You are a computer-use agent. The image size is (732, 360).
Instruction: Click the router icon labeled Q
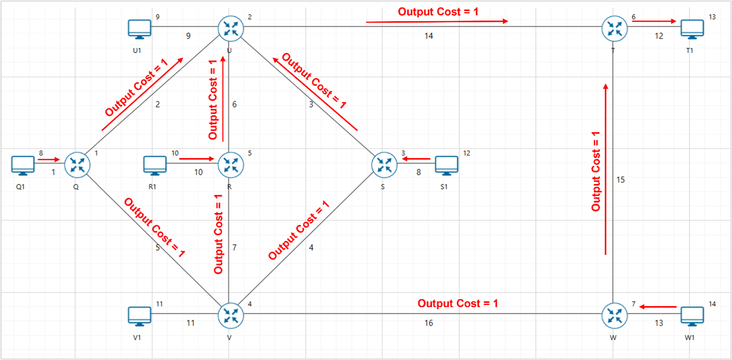(77, 164)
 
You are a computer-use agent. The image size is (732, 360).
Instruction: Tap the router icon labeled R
(230, 164)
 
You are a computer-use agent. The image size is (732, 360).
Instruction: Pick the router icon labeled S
(384, 164)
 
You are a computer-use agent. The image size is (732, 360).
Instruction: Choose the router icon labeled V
(230, 316)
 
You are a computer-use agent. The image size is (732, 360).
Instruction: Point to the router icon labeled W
(614, 316)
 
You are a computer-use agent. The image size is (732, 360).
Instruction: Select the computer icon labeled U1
(140, 28)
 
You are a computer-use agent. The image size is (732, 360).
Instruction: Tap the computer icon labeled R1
(155, 165)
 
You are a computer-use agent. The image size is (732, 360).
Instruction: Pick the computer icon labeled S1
(446, 165)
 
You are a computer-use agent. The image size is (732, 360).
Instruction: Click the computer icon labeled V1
(140, 316)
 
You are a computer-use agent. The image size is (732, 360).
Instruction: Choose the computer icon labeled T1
(692, 28)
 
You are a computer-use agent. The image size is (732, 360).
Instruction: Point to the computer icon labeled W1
(692, 316)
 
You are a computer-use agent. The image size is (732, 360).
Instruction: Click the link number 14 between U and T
(428, 35)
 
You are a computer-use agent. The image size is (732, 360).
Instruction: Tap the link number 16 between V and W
(428, 322)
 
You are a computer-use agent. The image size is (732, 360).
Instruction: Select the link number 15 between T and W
(620, 180)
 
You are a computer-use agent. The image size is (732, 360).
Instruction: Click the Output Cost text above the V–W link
(458, 303)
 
